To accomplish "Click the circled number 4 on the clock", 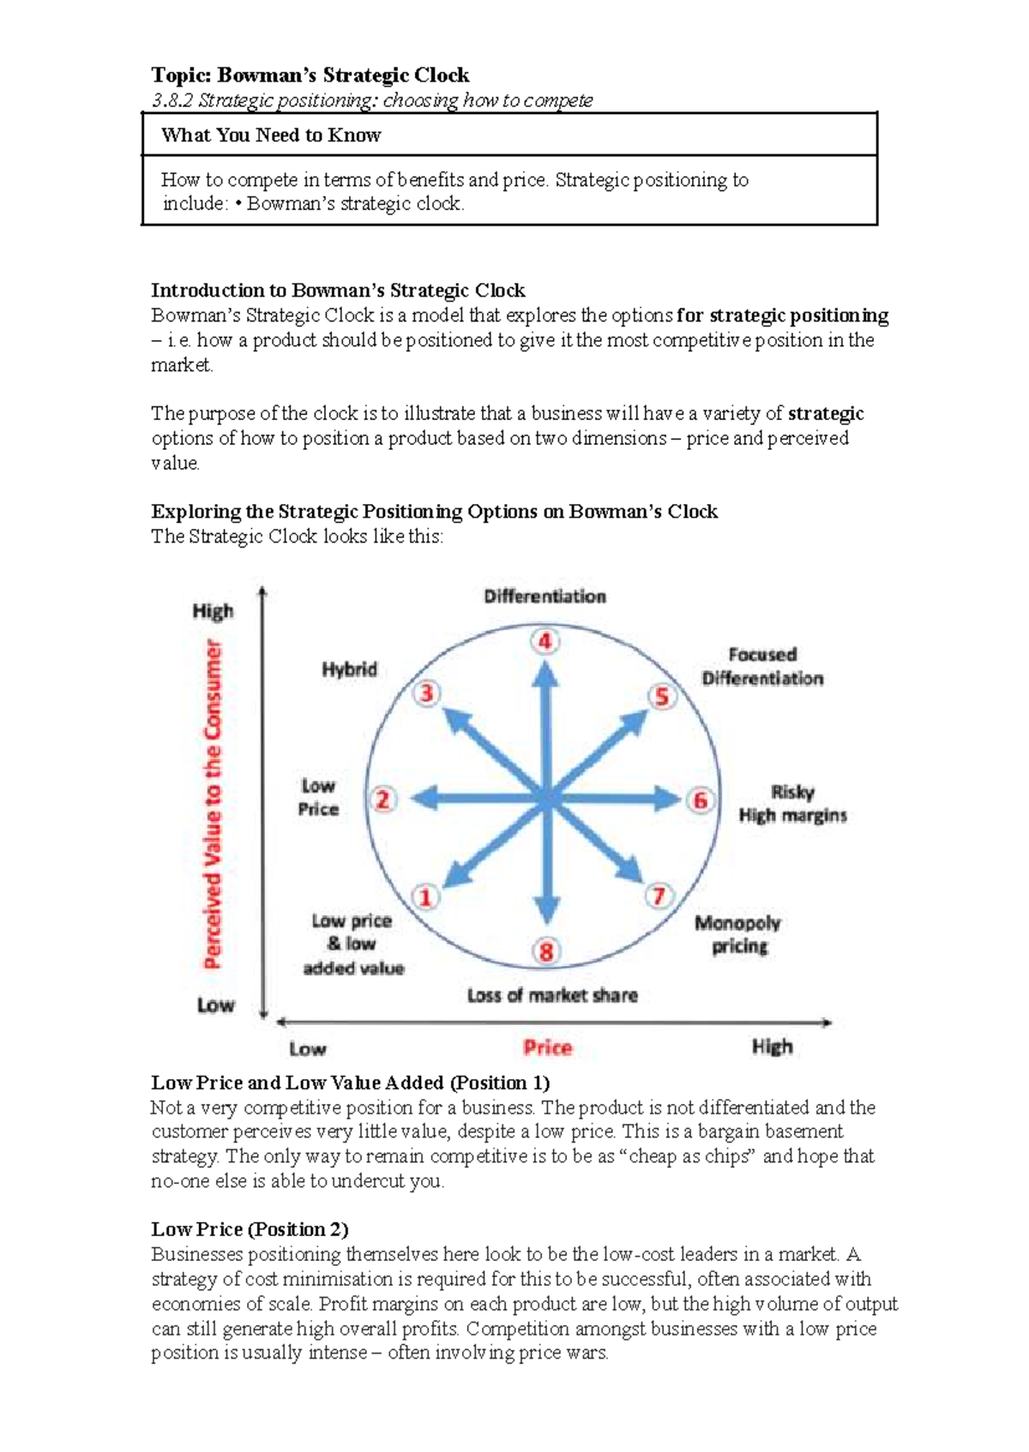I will pyautogui.click(x=545, y=641).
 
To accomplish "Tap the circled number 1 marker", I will pyautogui.click(x=425, y=897).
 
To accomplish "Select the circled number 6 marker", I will pyautogui.click(x=700, y=800).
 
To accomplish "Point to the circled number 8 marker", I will pyautogui.click(x=546, y=951).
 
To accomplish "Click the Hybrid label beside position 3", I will pyautogui.click(x=349, y=669).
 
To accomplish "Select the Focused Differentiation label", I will pyautogui.click(x=762, y=666).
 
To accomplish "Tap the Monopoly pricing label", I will pyautogui.click(x=737, y=934).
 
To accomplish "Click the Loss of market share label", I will pyautogui.click(x=552, y=995).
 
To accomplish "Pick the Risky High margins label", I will pyautogui.click(x=792, y=803).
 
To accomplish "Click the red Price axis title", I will pyautogui.click(x=547, y=1047).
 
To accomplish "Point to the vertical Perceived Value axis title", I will pyautogui.click(x=213, y=804).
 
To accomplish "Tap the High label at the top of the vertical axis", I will pyautogui.click(x=213, y=611).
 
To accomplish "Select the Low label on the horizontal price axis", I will pyautogui.click(x=307, y=1048).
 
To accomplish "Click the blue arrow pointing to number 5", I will pyautogui.click(x=605, y=747).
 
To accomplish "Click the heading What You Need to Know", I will pyautogui.click(x=271, y=135).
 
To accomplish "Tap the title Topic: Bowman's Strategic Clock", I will pyautogui.click(x=310, y=75).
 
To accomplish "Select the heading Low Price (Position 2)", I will pyautogui.click(x=250, y=1229).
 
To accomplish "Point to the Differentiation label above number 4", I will pyautogui.click(x=545, y=597).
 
